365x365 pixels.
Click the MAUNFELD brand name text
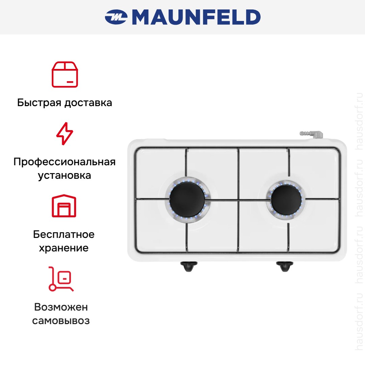[x=196, y=17]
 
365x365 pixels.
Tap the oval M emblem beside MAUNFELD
[x=116, y=17]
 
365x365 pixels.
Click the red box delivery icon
[x=65, y=74]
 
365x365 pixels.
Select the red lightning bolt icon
[x=65, y=133]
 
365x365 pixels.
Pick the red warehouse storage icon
[x=64, y=206]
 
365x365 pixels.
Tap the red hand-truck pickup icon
[x=61, y=279]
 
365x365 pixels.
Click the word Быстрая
[x=39, y=103]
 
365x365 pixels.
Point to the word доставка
[x=88, y=103]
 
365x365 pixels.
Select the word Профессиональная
[x=65, y=162]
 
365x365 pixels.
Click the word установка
[x=65, y=175]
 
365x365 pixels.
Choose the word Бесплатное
[x=64, y=234]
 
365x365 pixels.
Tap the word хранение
[x=64, y=248]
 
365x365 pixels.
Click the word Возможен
[x=61, y=307]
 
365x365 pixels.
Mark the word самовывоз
[x=61, y=320]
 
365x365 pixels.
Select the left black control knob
[x=189, y=266]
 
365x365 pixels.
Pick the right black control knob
[x=285, y=266]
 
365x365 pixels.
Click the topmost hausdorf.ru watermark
[x=359, y=121]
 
